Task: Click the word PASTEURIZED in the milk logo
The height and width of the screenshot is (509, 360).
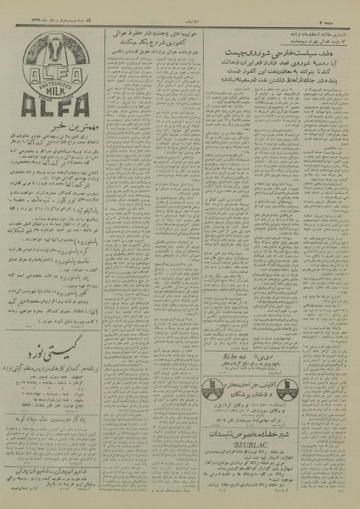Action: pos(50,76)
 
